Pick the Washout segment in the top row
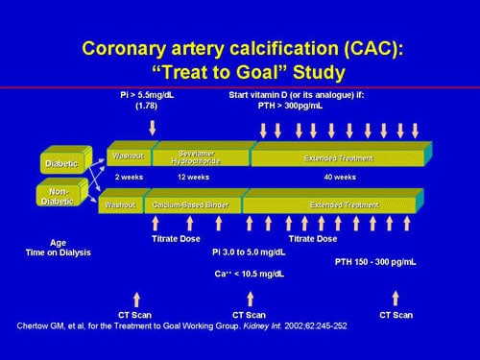tap(126, 156)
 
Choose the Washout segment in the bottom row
tap(121, 205)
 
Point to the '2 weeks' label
tap(129, 178)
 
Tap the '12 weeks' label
tap(193, 178)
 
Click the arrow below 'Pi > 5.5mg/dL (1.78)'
tap(153, 126)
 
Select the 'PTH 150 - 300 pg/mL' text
tap(381, 261)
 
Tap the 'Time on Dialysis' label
tap(59, 252)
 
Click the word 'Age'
tap(58, 242)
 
